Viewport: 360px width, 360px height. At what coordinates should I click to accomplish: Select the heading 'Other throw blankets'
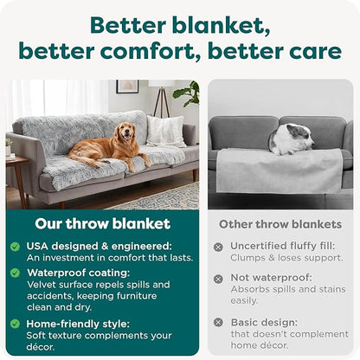[281, 224]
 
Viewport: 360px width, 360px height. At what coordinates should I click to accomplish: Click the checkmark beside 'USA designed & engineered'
[15, 246]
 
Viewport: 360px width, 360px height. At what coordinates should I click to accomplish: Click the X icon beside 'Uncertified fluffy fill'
[218, 247]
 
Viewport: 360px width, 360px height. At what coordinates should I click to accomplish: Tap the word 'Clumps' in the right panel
[250, 259]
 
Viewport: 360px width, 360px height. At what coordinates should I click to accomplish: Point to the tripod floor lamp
[160, 97]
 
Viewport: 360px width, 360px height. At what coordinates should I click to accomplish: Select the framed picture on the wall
[127, 87]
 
